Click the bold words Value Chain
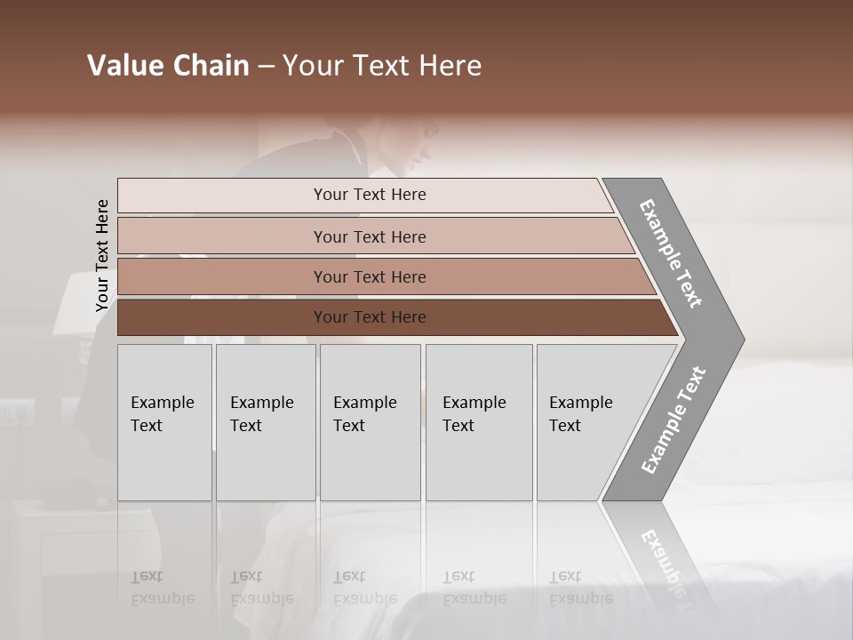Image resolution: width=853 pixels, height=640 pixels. pyautogui.click(x=168, y=66)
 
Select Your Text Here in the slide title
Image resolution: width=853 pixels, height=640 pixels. pyautogui.click(x=382, y=66)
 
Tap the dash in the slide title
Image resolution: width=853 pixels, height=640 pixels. pyautogui.click(x=266, y=67)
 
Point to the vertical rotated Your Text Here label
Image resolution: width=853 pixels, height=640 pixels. pyautogui.click(x=102, y=256)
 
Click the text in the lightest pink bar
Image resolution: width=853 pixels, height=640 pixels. pyautogui.click(x=370, y=195)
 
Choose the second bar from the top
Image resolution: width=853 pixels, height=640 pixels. pyautogui.click(x=370, y=236)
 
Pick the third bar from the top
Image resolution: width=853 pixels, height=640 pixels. pyautogui.click(x=370, y=276)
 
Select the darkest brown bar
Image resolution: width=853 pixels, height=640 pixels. pyautogui.click(x=370, y=317)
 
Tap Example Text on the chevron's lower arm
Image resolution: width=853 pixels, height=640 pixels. pyautogui.click(x=674, y=420)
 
